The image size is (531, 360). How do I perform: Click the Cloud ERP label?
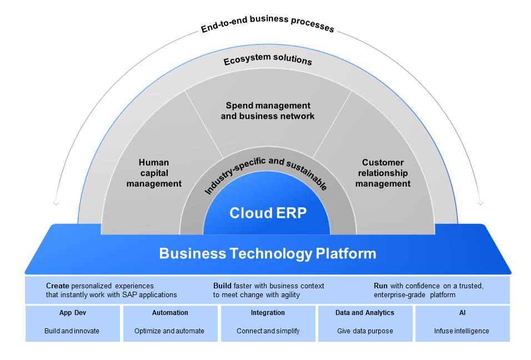tap(268, 213)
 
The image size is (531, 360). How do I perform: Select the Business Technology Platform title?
tap(268, 254)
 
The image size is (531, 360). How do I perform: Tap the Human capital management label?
tap(154, 173)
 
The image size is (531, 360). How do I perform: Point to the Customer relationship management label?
tap(383, 173)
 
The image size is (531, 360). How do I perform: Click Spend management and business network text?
tap(268, 111)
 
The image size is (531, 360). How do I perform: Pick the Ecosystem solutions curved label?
tap(268, 59)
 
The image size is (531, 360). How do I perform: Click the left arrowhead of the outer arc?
tap(56, 203)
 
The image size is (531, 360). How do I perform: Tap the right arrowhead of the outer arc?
tap(480, 203)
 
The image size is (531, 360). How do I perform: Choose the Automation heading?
tap(169, 313)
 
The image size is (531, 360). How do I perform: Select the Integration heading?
tap(268, 313)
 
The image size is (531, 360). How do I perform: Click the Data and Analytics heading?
tap(365, 313)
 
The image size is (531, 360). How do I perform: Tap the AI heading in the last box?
tap(462, 313)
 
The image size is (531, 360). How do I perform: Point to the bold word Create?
tap(58, 286)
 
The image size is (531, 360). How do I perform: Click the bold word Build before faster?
tap(222, 286)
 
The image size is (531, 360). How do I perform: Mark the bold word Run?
tap(380, 286)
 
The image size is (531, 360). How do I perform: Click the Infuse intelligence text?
tap(462, 331)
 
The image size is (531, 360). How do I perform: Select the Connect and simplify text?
tap(268, 331)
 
